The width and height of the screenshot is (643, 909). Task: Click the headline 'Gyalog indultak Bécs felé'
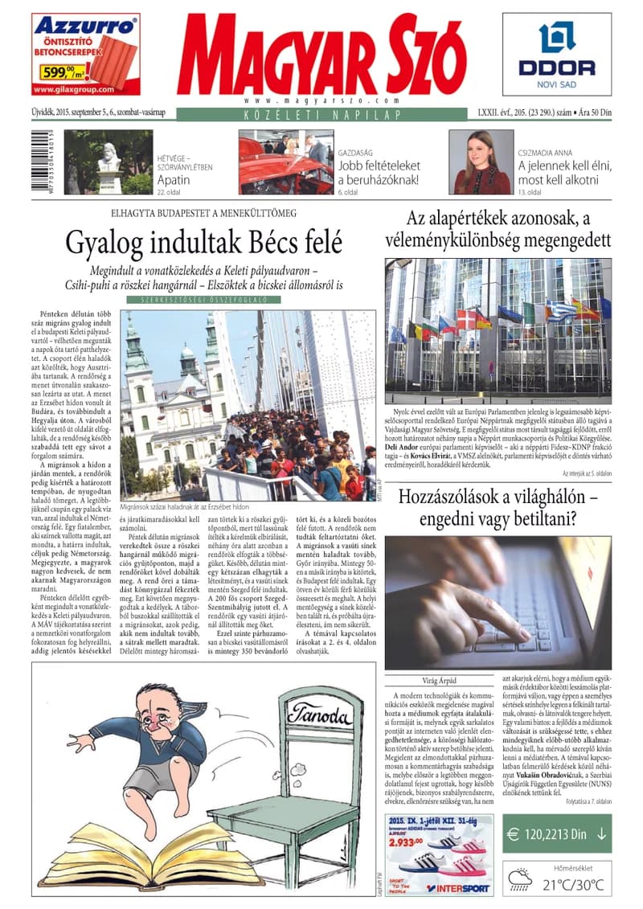coord(204,240)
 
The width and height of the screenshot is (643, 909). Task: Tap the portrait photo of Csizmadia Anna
coord(482,162)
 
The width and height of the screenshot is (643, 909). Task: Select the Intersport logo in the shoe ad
coord(453,888)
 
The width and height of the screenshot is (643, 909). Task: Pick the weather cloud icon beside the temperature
coord(520,878)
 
